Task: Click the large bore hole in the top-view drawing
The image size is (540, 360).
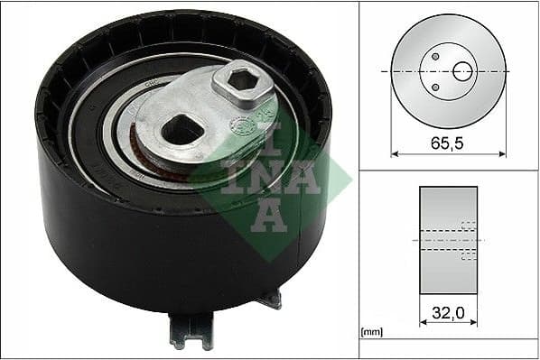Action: [x=462, y=70]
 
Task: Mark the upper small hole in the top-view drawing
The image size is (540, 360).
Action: [x=435, y=57]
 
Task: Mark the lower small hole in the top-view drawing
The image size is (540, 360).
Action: [x=435, y=87]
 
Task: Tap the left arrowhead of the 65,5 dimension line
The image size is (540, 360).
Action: [x=395, y=152]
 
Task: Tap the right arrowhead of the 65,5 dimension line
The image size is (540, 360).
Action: [x=503, y=152]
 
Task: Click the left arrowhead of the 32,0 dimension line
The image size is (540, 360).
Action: [x=424, y=322]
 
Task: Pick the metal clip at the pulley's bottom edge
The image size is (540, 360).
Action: [x=191, y=331]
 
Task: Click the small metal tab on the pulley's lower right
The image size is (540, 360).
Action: [x=269, y=299]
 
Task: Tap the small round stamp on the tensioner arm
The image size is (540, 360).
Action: [x=241, y=124]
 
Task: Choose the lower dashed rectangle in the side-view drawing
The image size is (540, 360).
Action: [x=468, y=255]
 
